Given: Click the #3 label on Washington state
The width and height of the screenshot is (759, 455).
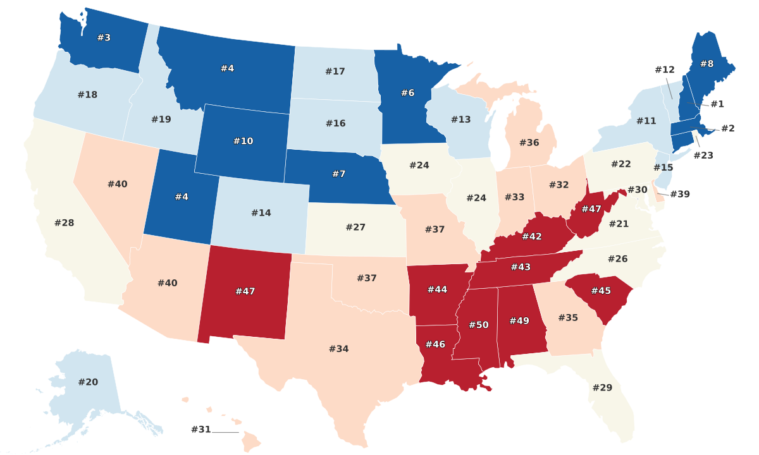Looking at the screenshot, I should click(104, 38).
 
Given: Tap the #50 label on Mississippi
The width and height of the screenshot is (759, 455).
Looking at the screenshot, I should click(479, 325).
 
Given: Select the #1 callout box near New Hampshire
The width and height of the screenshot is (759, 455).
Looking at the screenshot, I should click(717, 104).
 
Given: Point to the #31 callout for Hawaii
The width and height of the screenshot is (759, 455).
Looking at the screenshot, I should click(201, 430).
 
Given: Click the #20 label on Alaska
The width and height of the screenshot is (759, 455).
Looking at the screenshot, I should click(88, 382).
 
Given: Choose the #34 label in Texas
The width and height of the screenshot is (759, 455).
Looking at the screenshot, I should click(338, 349).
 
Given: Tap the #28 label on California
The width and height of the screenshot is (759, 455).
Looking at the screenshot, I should click(64, 222).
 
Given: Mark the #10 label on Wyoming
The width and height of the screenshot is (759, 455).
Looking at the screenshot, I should click(243, 141).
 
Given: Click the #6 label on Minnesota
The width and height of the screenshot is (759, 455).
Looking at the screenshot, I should click(408, 93).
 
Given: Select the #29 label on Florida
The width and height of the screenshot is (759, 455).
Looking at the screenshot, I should click(602, 387).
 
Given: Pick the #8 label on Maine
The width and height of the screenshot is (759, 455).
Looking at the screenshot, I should click(707, 64).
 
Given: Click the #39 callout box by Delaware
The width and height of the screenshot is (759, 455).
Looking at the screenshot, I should click(679, 194).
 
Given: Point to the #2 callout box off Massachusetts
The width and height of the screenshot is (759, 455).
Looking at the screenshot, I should click(728, 129).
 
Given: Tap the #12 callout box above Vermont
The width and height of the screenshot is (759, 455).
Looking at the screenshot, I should click(665, 70).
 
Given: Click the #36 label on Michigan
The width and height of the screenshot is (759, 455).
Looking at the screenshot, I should click(529, 143).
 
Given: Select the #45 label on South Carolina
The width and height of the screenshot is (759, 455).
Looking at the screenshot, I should click(601, 291).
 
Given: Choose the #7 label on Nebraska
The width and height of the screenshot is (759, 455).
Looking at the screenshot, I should click(338, 174).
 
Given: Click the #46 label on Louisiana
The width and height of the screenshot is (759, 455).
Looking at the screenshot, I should click(435, 344).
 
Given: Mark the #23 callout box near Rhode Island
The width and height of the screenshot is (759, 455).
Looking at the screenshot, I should click(703, 155).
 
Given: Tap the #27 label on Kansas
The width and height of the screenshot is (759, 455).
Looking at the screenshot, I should click(355, 227).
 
